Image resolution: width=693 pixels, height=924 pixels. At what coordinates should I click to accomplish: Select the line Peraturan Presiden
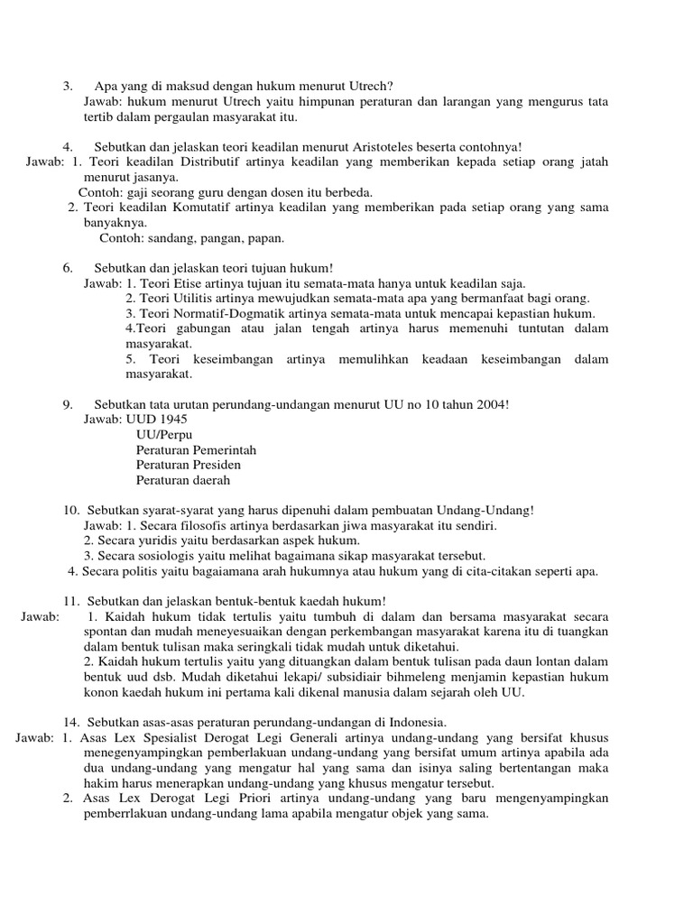click(x=189, y=465)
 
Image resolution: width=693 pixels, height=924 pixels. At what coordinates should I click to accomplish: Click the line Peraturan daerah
click(x=183, y=480)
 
